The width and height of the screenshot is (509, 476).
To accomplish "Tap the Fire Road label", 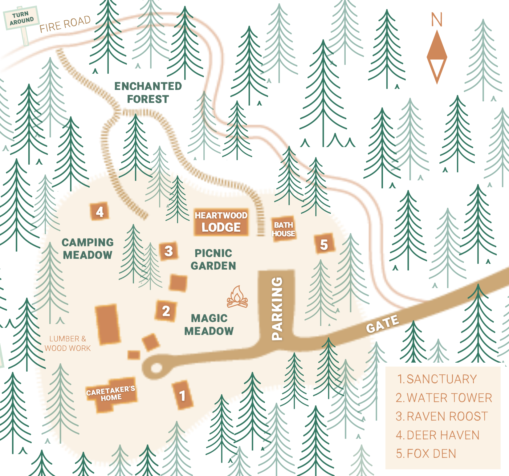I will [x=65, y=24].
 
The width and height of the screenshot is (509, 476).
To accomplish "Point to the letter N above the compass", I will [x=437, y=20].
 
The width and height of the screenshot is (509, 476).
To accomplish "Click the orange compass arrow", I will [x=437, y=57].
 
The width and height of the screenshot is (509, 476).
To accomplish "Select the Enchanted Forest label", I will [x=148, y=92].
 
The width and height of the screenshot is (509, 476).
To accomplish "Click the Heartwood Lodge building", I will [x=221, y=222].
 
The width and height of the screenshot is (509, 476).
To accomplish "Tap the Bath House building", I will [x=283, y=229].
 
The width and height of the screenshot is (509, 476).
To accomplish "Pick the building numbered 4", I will [x=100, y=212].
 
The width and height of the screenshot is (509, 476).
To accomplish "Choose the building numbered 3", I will [x=169, y=251].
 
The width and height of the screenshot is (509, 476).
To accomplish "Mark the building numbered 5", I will [x=324, y=244].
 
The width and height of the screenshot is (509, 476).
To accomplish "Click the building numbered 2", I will [x=166, y=311].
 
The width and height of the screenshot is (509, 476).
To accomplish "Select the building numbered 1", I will [x=182, y=395].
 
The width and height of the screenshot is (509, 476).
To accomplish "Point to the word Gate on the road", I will [x=382, y=324].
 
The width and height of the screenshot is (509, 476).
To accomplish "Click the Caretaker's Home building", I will [x=111, y=394].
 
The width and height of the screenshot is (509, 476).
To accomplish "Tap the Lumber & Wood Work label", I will [x=68, y=343].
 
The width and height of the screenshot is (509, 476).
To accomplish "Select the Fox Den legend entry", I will [x=426, y=454].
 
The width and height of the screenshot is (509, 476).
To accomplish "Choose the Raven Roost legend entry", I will [x=442, y=416].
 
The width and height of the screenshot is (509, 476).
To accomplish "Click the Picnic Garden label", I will [x=213, y=259].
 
